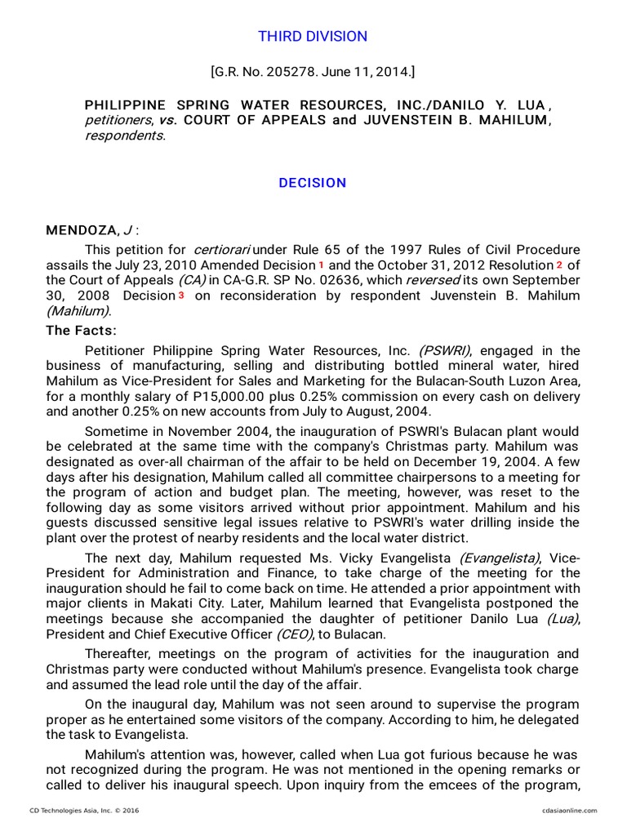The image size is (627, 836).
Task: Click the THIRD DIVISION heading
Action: point(313,36)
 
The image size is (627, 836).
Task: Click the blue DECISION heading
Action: point(313,183)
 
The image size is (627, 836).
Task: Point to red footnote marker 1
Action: point(320,265)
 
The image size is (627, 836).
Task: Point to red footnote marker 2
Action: point(559,265)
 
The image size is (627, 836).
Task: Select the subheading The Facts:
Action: point(81,331)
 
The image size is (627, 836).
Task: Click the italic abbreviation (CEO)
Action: point(293,634)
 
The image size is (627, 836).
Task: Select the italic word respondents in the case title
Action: point(125,135)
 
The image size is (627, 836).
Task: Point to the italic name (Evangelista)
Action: point(499,558)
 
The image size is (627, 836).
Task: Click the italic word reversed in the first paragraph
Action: point(438,280)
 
